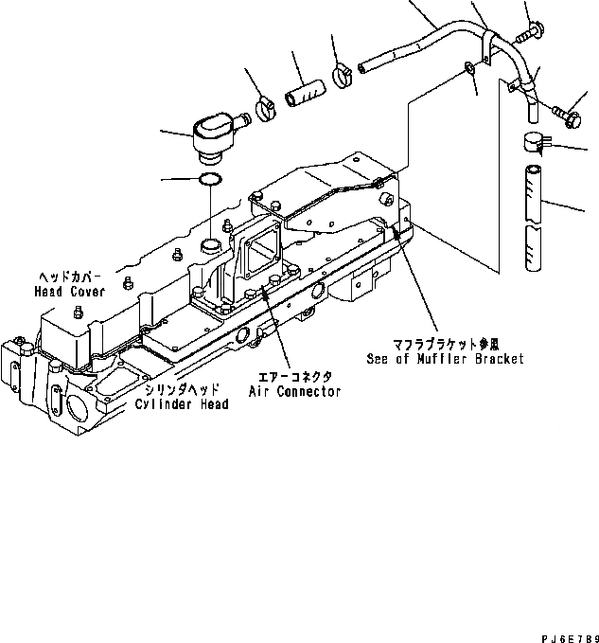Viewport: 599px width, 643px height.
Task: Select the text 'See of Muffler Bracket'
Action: (445, 359)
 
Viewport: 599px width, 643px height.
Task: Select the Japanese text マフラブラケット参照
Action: (445, 346)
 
